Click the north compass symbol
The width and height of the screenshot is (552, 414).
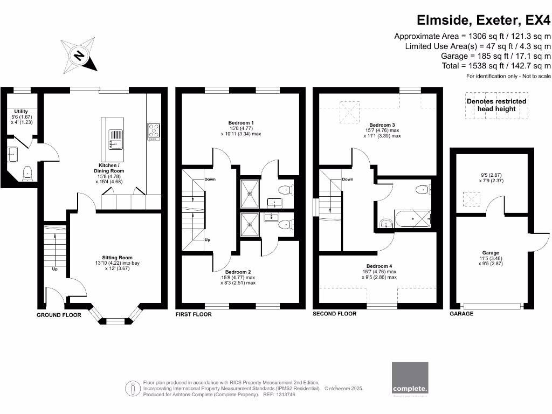80,56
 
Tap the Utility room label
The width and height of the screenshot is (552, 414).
21,112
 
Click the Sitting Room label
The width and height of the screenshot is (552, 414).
117,258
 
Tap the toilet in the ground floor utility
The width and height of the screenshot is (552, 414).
27,173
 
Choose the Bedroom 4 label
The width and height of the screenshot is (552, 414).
379,266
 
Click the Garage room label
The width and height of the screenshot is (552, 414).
491,253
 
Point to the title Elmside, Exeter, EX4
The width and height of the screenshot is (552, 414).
485,20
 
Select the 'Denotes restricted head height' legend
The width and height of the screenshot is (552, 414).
496,105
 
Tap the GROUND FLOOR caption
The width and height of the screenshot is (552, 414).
59,315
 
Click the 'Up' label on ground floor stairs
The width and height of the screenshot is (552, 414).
54,269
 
